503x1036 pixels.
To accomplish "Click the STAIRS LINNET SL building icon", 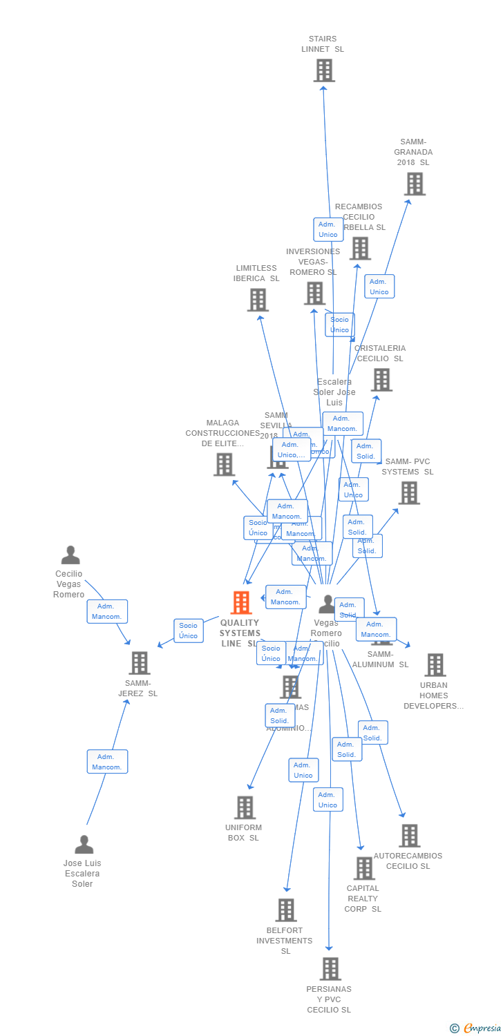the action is (324, 70).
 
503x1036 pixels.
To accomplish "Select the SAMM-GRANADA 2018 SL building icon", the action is (415, 184).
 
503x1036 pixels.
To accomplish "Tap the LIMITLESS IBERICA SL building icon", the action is (258, 300).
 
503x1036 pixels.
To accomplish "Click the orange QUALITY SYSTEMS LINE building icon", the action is (240, 603).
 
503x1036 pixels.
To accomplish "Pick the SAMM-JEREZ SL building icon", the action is (140, 663).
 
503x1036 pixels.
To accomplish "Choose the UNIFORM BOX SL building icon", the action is (245, 807).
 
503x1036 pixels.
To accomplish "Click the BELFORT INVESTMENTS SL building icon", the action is (286, 910).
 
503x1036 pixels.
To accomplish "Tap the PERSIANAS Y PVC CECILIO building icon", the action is (330, 969).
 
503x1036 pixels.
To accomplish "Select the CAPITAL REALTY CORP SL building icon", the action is (364, 868).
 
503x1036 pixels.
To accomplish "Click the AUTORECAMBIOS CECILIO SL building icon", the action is (409, 836).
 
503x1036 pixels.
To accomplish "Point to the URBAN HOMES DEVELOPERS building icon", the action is (435, 665).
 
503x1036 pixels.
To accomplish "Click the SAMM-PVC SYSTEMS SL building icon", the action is (409, 493).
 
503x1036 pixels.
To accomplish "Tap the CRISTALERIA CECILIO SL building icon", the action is (381, 380).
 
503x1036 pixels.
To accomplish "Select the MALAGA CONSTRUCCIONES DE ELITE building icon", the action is (224, 465).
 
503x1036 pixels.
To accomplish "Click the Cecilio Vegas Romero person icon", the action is (70, 555).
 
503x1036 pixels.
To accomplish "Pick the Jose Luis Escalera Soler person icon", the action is (84, 845).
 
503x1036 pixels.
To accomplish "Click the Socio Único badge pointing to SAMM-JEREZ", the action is (189, 631).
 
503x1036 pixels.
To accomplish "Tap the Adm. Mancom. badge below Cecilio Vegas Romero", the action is (107, 611).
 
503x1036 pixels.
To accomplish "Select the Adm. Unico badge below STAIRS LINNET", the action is (328, 229).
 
